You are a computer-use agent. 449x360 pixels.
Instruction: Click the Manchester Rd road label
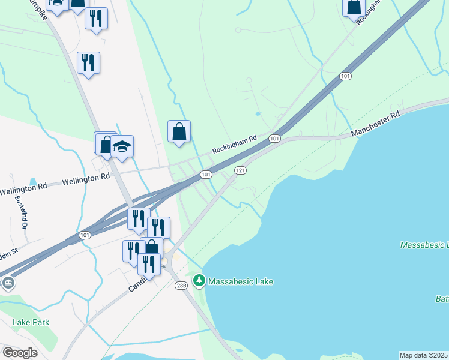(375, 123)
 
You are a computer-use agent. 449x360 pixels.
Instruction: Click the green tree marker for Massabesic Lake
(199, 280)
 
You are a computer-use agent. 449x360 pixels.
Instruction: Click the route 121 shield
(240, 170)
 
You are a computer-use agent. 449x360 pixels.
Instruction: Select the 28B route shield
(182, 286)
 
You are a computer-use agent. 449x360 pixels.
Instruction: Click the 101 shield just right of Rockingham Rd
(274, 139)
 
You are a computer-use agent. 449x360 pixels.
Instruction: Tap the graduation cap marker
(122, 147)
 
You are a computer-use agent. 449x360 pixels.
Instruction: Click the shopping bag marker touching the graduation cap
(106, 144)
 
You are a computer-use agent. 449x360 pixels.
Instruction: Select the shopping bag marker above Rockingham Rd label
(179, 131)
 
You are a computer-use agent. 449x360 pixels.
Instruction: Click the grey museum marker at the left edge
(7, 283)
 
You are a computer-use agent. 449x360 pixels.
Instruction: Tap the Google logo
(19, 353)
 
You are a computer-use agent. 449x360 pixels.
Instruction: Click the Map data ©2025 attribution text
(423, 355)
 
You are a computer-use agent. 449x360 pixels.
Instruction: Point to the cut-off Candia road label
(137, 284)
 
